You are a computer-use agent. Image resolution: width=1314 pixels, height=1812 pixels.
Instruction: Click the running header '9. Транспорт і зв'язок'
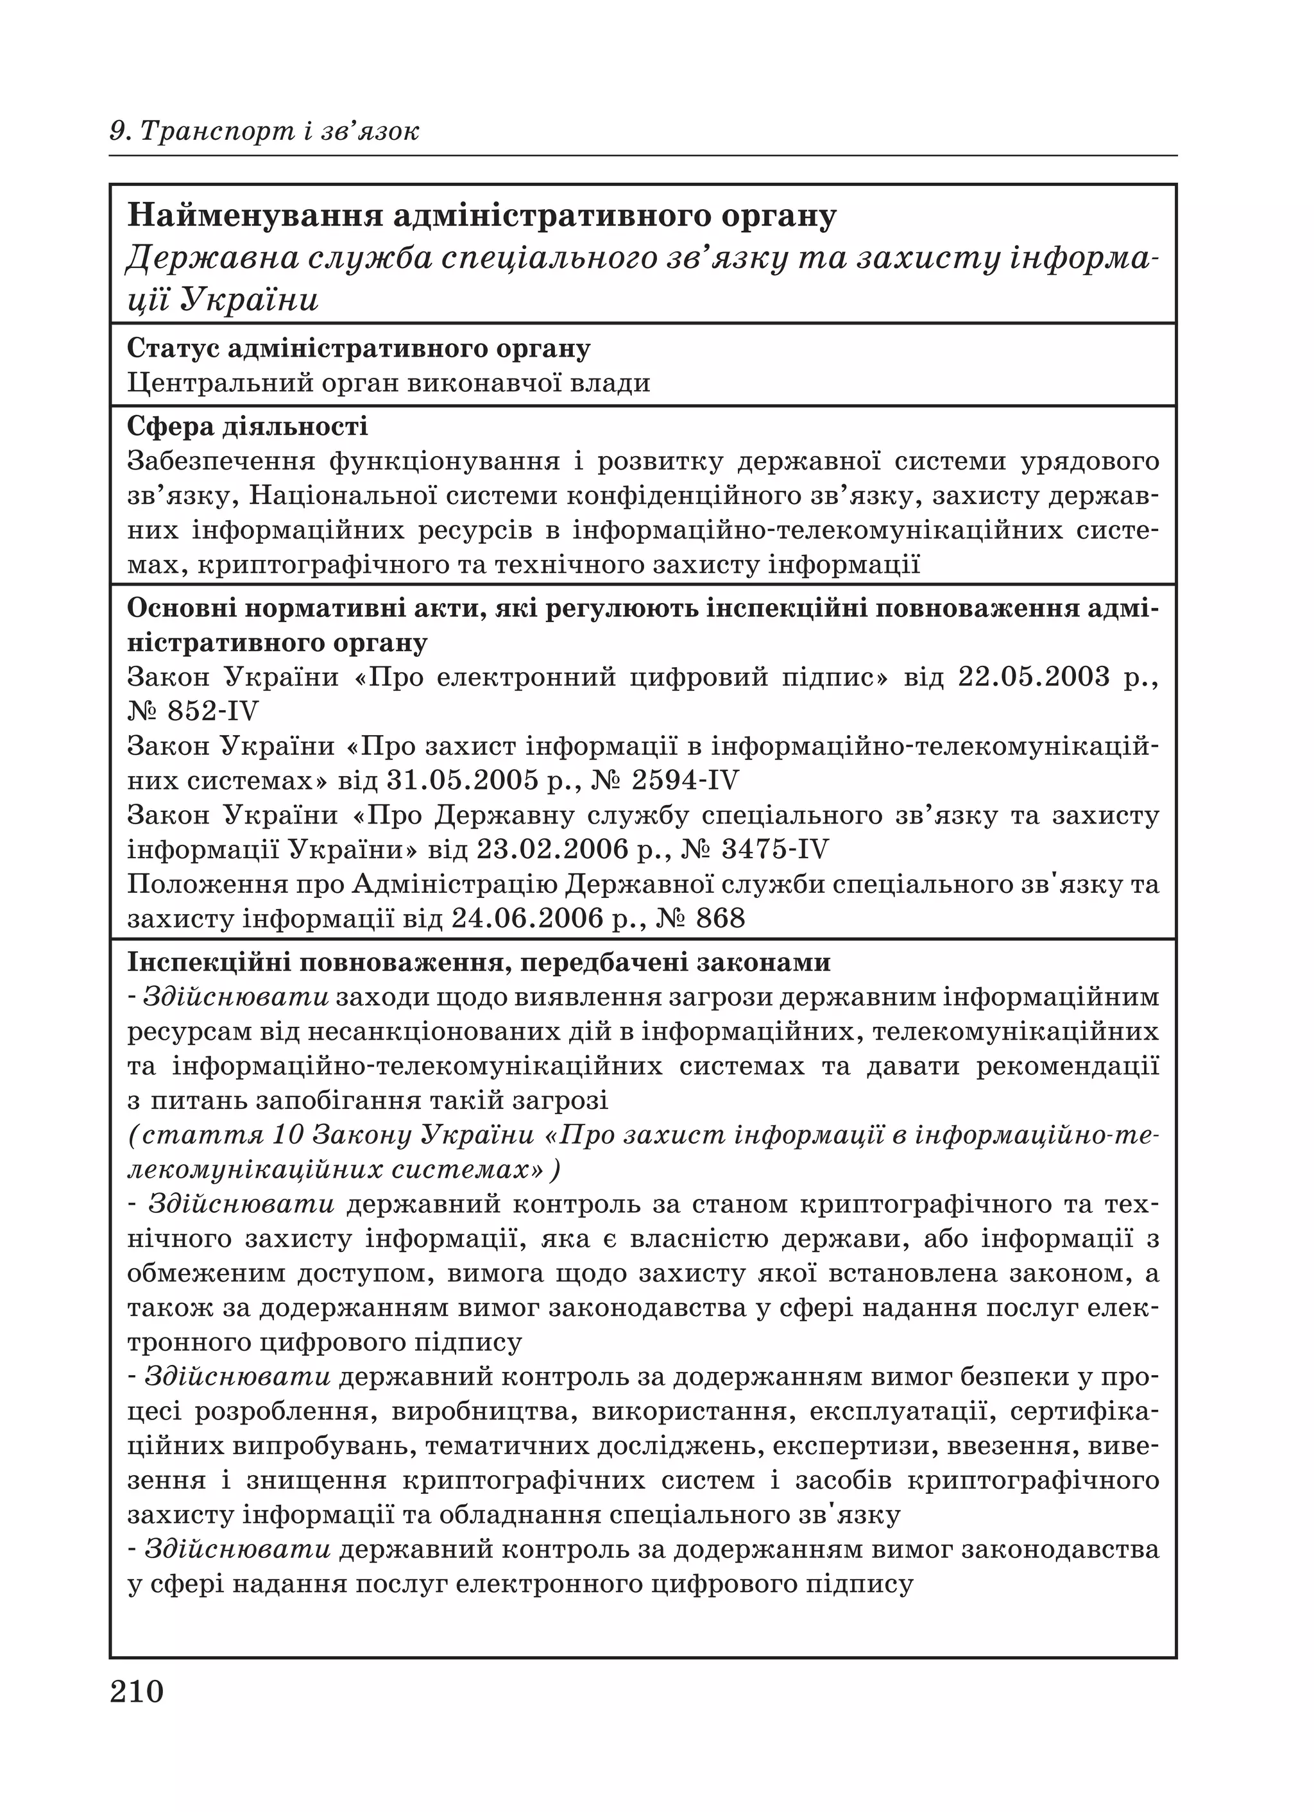click(x=264, y=130)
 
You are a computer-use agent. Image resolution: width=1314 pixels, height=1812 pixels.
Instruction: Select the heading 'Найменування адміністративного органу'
click(x=482, y=216)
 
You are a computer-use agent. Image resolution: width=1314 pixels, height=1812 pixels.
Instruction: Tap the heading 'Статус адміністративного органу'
click(x=359, y=348)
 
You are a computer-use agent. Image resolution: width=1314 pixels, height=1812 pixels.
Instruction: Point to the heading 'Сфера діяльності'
click(x=248, y=427)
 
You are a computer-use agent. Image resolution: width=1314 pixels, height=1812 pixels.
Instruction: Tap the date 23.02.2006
click(x=553, y=849)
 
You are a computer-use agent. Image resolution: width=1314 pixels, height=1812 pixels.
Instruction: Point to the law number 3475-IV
click(x=775, y=849)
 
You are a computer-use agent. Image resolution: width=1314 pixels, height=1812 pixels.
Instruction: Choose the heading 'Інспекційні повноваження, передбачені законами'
click(x=479, y=963)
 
